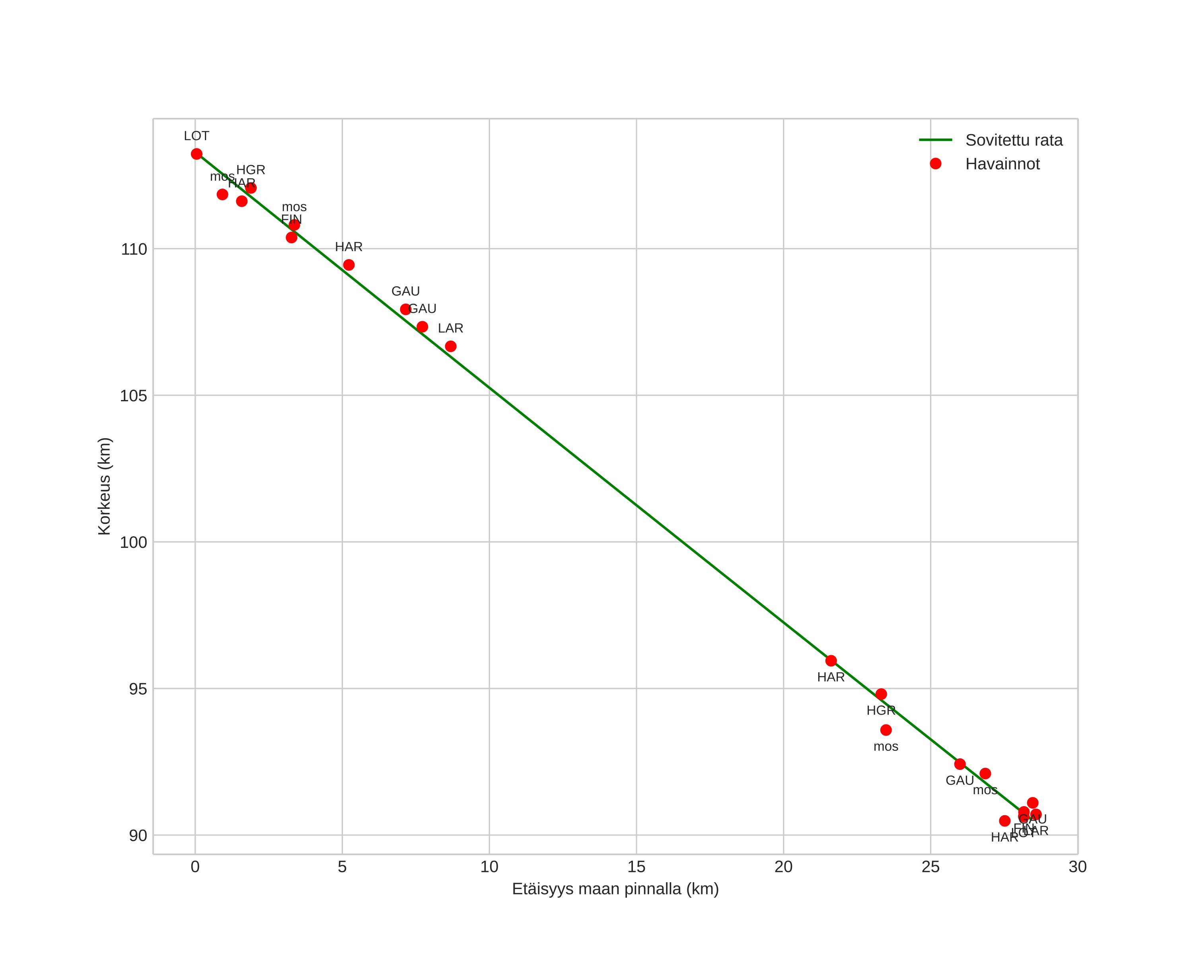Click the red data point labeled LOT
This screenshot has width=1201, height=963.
pos(197,154)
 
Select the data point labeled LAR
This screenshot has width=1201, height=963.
pos(451,347)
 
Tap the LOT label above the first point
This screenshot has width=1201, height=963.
pos(197,136)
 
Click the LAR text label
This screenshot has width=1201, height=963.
pos(451,328)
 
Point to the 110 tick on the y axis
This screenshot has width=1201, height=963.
pos(134,249)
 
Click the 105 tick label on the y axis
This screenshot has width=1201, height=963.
pos(134,396)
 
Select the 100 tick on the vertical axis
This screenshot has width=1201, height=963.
pos(134,542)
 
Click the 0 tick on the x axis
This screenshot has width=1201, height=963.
pos(195,867)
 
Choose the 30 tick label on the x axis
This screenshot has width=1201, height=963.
pos(1078,867)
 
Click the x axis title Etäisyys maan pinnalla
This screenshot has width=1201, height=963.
pos(615,889)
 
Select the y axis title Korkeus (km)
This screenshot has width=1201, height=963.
pos(104,486)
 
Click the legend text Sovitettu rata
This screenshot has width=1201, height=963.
pos(1014,141)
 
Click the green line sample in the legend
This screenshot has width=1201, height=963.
pos(936,140)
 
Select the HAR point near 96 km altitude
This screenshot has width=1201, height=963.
pos(831,661)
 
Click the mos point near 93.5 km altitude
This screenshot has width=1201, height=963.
pos(886,730)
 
